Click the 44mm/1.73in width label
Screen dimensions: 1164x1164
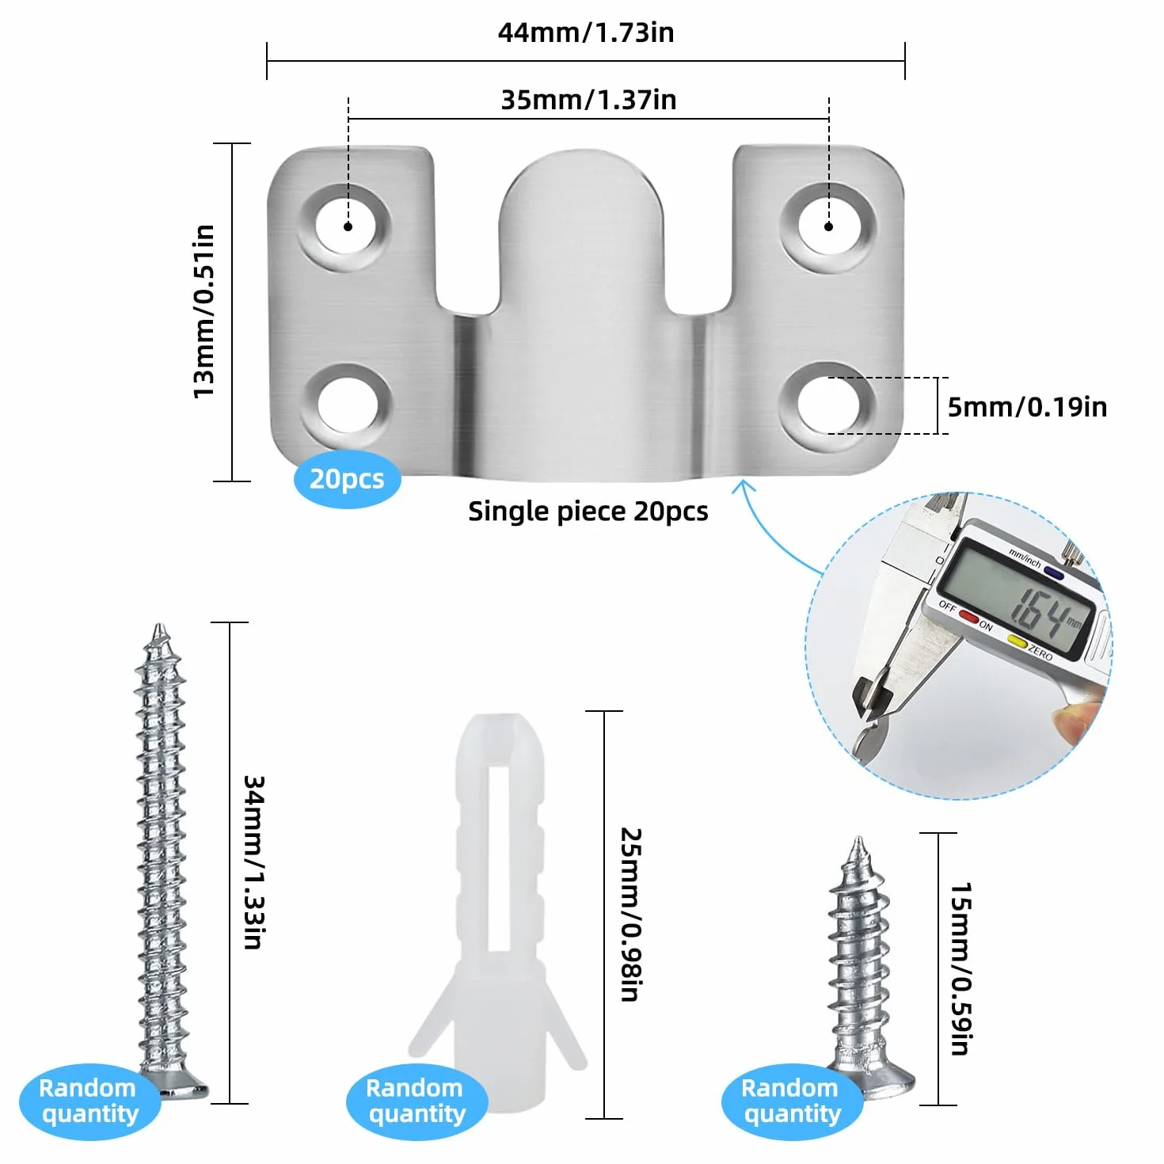[x=585, y=32]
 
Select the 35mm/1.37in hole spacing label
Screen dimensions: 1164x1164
[x=588, y=101]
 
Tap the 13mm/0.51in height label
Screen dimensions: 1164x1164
[x=204, y=312]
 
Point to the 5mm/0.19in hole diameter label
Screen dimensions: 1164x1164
[x=1027, y=408]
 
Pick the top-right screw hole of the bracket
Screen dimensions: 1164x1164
[x=828, y=226]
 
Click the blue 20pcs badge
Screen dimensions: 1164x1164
[x=348, y=479]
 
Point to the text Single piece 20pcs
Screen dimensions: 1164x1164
[x=588, y=512]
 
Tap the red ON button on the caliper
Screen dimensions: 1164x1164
[x=968, y=617]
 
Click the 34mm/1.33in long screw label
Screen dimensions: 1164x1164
[x=253, y=862]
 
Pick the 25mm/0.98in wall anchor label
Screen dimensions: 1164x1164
[x=630, y=915]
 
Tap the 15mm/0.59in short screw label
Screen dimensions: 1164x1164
[x=960, y=969]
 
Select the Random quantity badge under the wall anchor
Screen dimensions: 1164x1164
[x=417, y=1101]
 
